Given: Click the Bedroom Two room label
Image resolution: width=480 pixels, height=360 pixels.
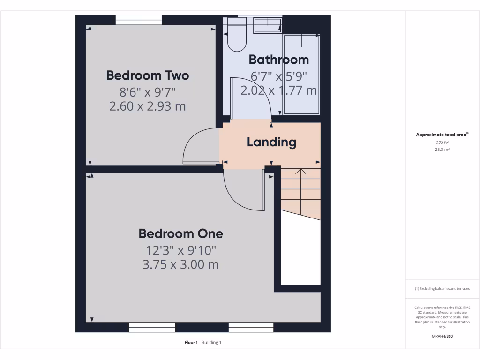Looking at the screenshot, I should (x=147, y=75).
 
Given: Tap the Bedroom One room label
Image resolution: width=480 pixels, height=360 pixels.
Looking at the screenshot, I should (x=180, y=233).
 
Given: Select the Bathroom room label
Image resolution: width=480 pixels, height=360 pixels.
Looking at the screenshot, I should (x=278, y=60).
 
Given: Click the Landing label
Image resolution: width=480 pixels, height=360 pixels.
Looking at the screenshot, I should (x=271, y=142).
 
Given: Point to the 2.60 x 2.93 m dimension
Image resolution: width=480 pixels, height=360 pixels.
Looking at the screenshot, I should (x=147, y=106).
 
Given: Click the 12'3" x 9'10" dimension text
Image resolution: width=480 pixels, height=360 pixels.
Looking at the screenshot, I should (x=180, y=250).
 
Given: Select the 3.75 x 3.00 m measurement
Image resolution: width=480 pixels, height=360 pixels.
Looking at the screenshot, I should (x=180, y=265).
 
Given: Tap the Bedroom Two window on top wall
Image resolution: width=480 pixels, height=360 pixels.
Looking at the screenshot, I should (x=138, y=20).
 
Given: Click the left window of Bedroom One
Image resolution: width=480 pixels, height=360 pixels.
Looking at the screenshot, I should (x=152, y=327).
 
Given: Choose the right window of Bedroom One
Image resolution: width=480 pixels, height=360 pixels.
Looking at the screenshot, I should (x=251, y=327).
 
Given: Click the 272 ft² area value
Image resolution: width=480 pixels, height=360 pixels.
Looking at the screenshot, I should (x=442, y=142).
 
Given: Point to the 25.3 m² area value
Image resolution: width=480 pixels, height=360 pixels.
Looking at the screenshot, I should (x=442, y=150).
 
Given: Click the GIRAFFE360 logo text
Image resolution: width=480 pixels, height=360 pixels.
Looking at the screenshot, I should (x=442, y=336).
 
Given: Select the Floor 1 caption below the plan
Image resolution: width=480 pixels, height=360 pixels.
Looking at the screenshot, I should (x=191, y=343).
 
